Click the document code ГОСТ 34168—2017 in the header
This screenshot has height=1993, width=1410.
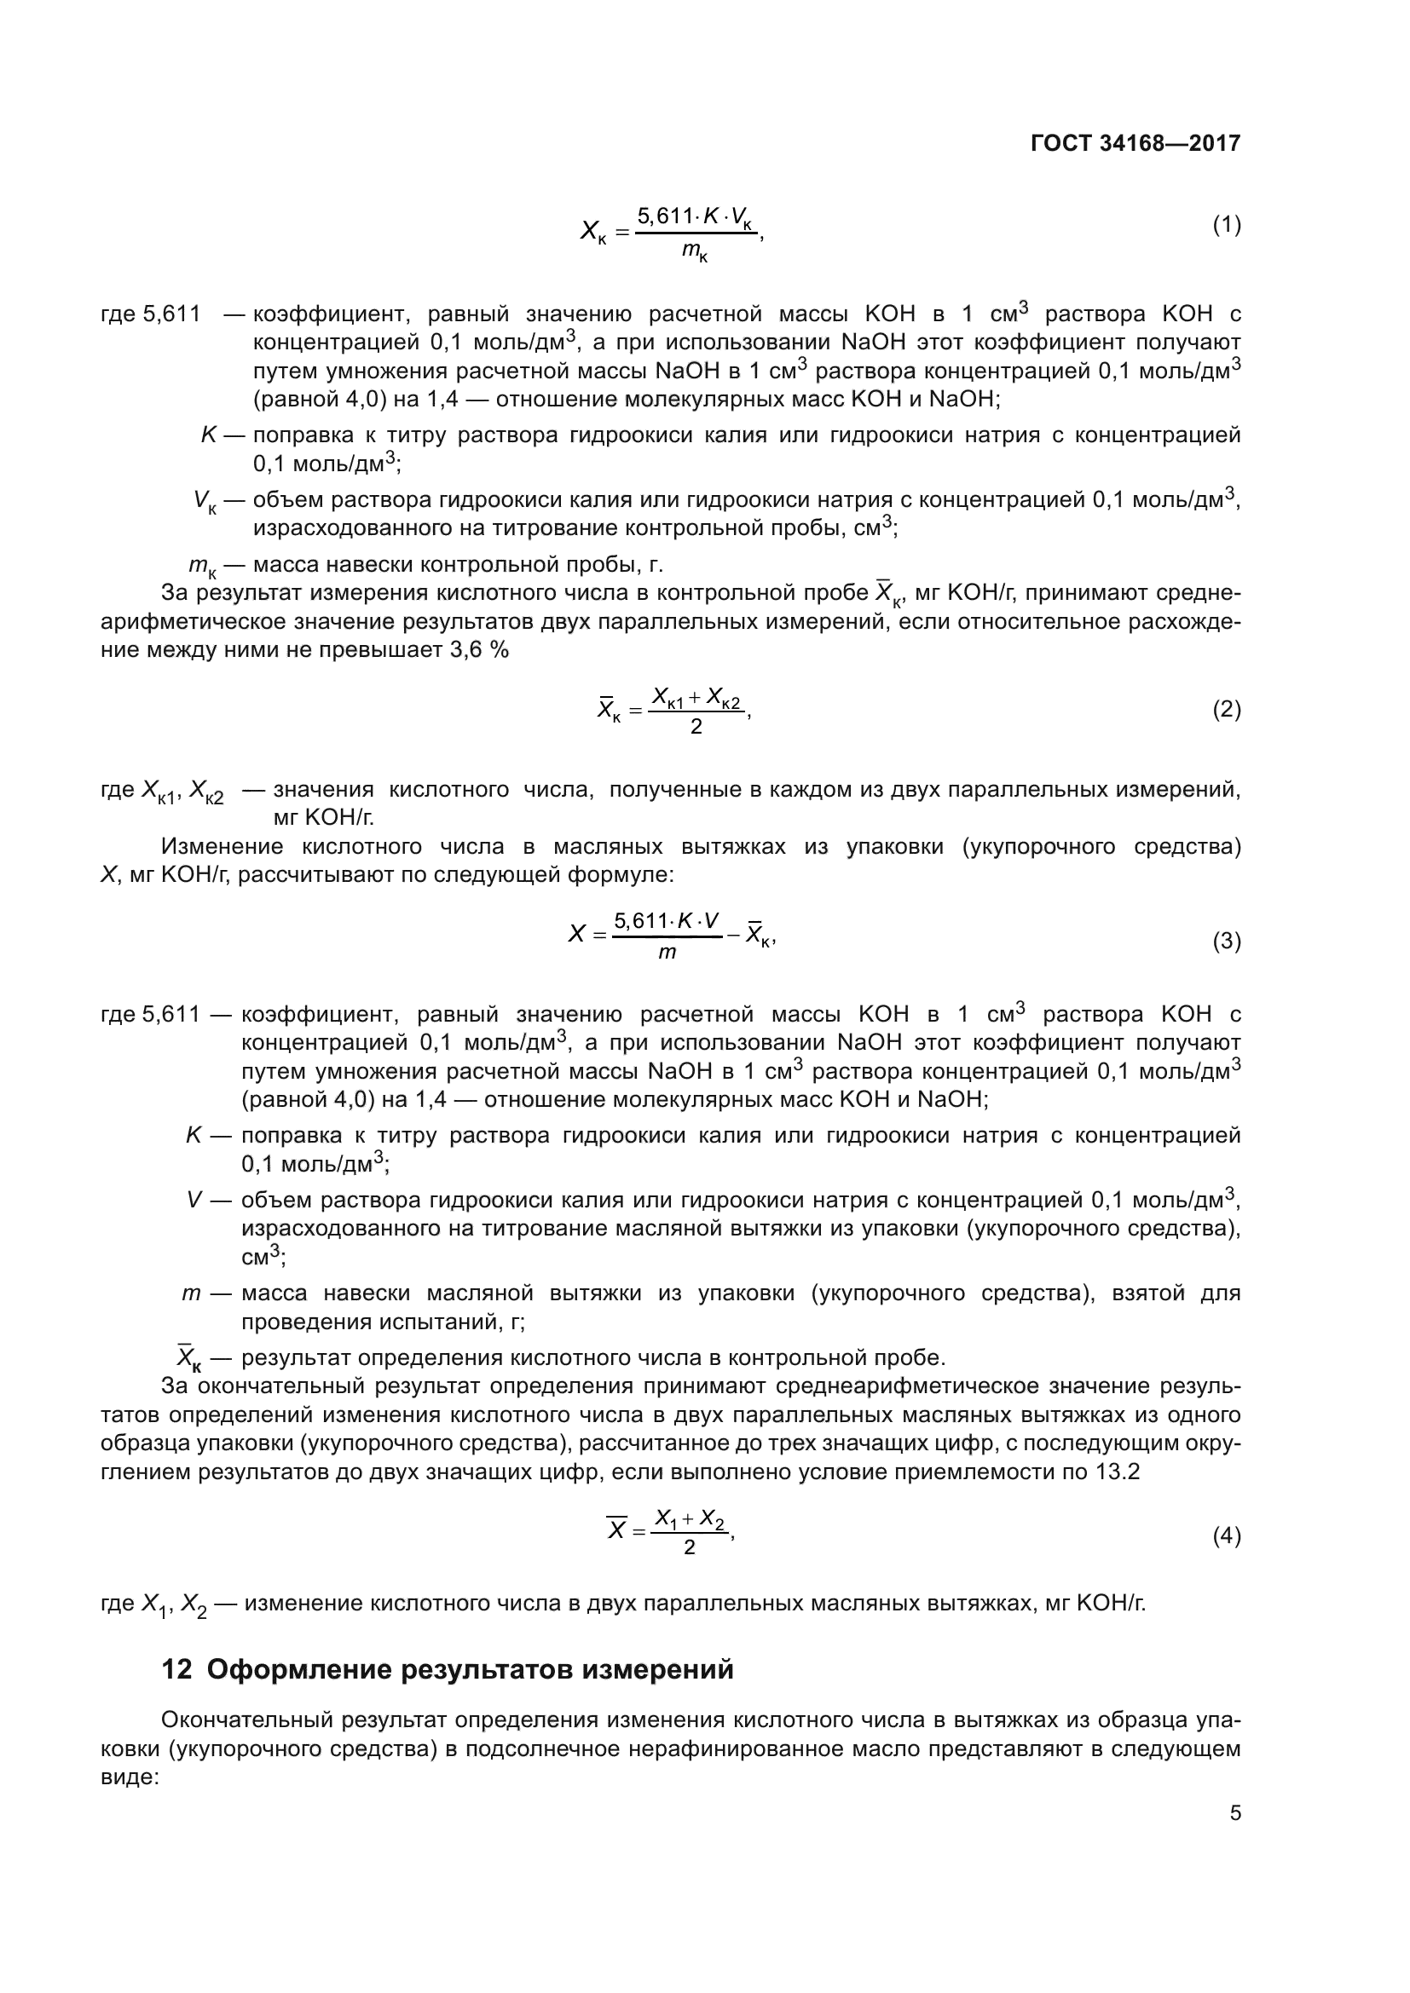(x=1136, y=143)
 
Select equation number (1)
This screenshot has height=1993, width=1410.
(x=1226, y=226)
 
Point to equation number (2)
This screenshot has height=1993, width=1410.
(x=1226, y=710)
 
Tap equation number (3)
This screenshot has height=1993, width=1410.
(x=1226, y=941)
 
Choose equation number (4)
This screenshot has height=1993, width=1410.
(x=1226, y=1535)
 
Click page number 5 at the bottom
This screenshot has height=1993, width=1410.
(x=1234, y=1813)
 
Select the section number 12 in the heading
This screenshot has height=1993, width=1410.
(x=176, y=1669)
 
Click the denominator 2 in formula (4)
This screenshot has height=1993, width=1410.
(x=690, y=1547)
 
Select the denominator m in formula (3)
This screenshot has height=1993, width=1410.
(x=667, y=953)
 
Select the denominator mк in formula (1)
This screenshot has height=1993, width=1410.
(x=695, y=252)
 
